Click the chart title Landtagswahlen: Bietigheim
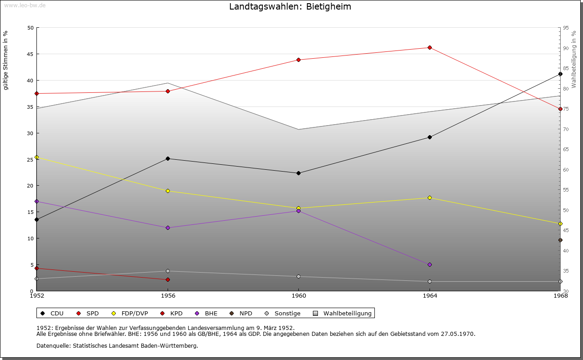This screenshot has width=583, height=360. point(290,7)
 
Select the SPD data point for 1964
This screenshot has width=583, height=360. point(430,47)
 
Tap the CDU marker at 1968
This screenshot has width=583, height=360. point(560,74)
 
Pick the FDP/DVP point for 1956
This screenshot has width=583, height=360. point(168,191)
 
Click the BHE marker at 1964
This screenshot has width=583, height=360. point(430,264)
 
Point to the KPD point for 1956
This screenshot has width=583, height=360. point(168,279)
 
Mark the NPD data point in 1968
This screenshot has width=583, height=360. point(560,240)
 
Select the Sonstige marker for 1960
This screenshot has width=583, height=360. point(298,276)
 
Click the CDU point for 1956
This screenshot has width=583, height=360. point(168,158)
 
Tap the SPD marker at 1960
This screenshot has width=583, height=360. point(298,60)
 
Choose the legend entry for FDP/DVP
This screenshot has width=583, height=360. point(130,313)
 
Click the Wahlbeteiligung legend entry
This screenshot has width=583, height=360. point(343,313)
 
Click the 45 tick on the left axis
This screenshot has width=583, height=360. point(31,54)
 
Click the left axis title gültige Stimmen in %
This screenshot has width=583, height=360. point(6,60)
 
